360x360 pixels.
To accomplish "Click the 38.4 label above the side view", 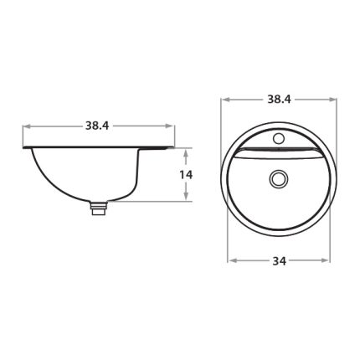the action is pos(97,126).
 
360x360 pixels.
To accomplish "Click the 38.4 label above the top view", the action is pos(279,99).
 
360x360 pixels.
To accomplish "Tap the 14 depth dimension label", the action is pos(186,175).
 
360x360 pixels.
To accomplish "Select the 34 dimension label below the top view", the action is pos(280,261).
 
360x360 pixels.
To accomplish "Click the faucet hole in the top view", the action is pos(279,138).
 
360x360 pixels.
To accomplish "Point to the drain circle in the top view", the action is pos(278,179).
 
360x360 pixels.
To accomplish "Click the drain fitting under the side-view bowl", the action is pos(99,208).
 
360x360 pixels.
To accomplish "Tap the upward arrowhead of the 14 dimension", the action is pos(186,153).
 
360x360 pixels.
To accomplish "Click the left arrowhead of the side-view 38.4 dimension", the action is pos(27,126).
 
